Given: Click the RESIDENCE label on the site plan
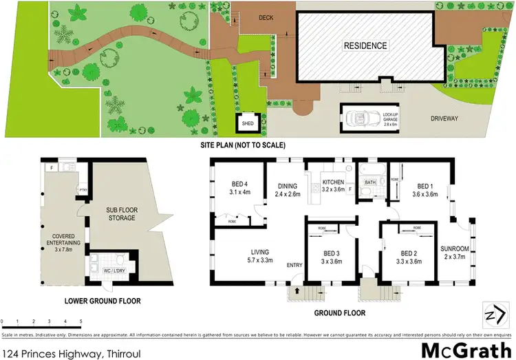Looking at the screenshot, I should (365, 46).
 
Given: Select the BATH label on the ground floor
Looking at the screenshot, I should (371, 182).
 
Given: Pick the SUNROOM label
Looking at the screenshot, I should (455, 253).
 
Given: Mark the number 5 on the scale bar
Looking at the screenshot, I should (81, 322).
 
